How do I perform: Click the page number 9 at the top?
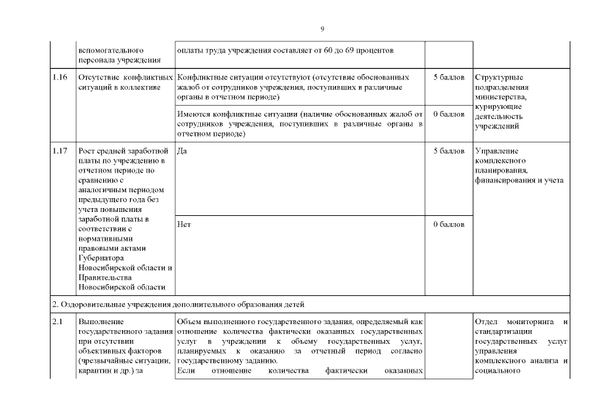coord(322,29)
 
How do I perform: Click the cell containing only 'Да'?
coord(182,151)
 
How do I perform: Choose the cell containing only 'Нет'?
coord(184,224)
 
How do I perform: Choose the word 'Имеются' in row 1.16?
coord(194,115)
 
